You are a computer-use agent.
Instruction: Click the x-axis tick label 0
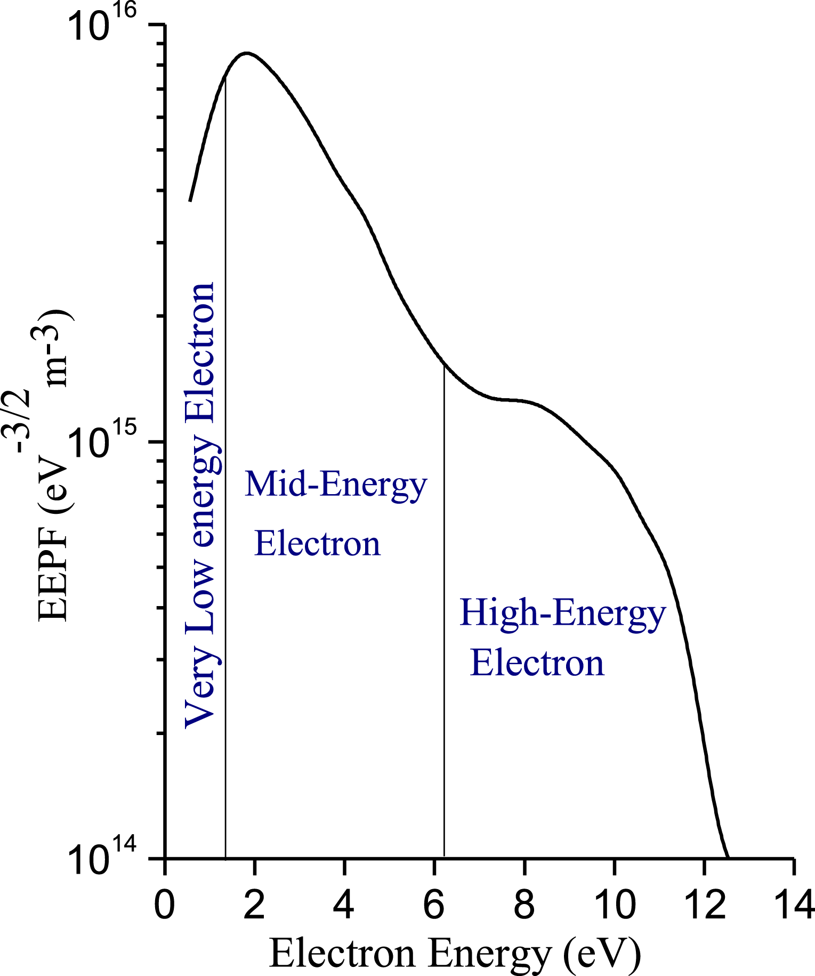coord(165,905)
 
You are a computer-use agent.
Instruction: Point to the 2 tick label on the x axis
coord(255,905)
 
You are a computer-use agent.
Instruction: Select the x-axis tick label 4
coord(345,905)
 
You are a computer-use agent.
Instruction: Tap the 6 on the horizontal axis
coord(435,905)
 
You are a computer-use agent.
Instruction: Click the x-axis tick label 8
coord(524,905)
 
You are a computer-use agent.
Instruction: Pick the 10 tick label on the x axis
coord(615,905)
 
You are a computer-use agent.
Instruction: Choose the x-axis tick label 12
coord(705,905)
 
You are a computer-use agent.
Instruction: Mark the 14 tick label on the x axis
coord(794,905)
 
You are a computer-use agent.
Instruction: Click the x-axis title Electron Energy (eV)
coord(455,953)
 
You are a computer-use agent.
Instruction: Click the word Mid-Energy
coord(336,485)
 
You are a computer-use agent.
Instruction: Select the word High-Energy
coord(562,613)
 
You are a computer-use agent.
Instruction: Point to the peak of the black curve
coord(246,53)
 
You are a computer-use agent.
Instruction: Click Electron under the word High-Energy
coord(537,664)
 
